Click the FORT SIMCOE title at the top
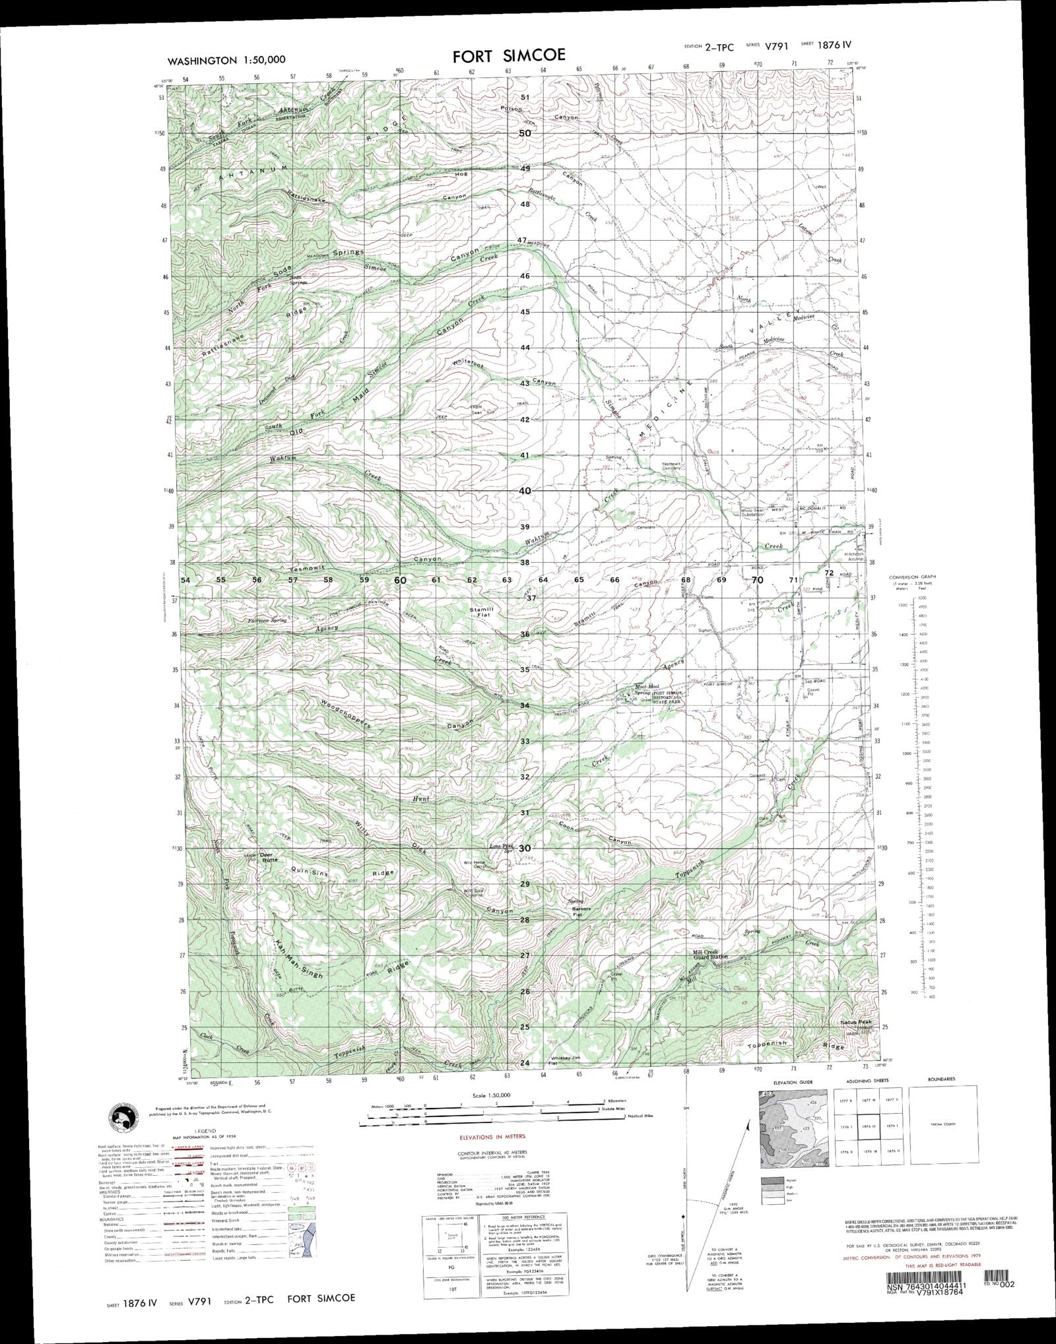pyautogui.click(x=509, y=55)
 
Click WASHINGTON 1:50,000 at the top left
pyautogui.click(x=226, y=60)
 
